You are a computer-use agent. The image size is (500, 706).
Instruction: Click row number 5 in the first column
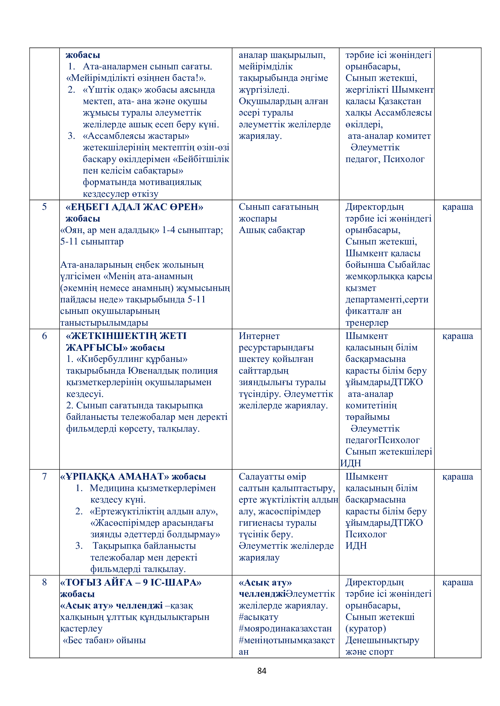click(x=44, y=207)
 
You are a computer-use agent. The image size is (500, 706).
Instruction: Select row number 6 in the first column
click(x=44, y=336)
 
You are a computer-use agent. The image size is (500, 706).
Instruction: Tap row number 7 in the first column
click(x=44, y=476)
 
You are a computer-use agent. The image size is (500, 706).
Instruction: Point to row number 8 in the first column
click(x=44, y=582)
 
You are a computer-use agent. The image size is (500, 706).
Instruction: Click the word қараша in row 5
click(x=457, y=207)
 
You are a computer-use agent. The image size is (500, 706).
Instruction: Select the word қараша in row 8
click(x=457, y=582)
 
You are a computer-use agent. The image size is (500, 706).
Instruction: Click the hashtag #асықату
click(x=259, y=617)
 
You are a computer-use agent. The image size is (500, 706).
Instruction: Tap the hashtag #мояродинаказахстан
click(x=285, y=628)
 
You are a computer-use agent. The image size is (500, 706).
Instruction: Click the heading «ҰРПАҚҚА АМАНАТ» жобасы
click(x=133, y=477)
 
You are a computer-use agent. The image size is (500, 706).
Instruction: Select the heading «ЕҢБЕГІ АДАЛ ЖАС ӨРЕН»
click(x=134, y=207)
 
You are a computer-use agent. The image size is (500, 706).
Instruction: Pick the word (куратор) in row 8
click(x=365, y=628)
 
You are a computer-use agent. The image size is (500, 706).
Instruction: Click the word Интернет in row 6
click(x=259, y=336)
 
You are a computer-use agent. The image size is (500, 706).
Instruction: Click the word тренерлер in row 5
click(x=367, y=323)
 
